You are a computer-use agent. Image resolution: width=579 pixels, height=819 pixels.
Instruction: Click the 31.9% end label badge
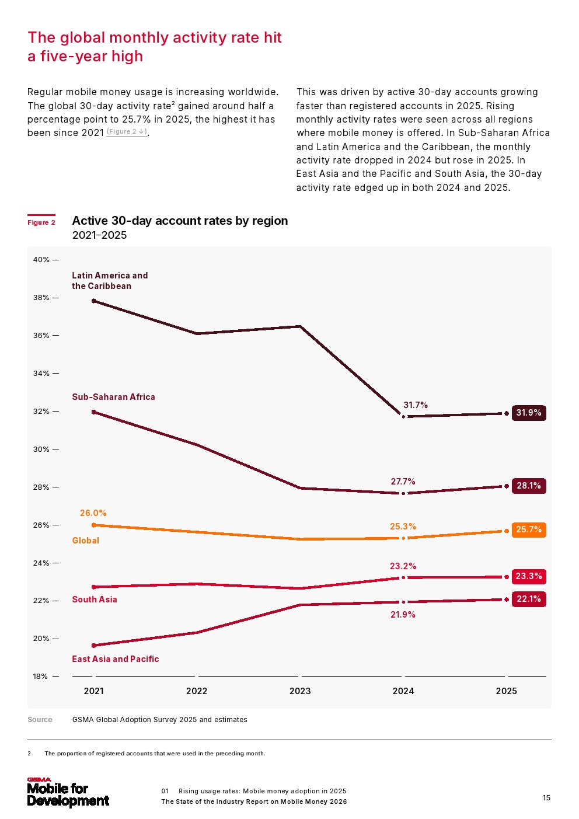(529, 413)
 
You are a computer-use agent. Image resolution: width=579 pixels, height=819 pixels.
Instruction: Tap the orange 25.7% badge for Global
(529, 529)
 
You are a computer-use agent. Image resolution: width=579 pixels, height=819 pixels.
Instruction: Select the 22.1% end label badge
(529, 599)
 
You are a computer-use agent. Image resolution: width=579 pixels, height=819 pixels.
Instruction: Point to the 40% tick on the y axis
(41, 260)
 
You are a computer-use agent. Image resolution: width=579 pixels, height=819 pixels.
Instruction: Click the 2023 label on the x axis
(300, 691)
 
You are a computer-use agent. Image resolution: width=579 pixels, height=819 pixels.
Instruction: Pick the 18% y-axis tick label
(40, 677)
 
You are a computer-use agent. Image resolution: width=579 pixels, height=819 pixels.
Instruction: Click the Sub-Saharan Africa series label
(113, 397)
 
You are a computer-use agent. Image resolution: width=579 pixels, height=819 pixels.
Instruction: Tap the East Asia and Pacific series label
(115, 659)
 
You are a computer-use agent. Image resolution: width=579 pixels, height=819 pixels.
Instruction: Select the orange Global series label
(85, 541)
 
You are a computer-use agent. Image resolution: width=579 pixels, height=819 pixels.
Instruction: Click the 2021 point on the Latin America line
(94, 301)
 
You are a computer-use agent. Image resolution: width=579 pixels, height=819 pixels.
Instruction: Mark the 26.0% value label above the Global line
(93, 513)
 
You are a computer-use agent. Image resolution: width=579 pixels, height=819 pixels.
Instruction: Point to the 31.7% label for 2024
(416, 405)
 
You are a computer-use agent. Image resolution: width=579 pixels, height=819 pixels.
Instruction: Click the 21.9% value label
(403, 615)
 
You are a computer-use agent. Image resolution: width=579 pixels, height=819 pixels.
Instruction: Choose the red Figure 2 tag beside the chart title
(41, 222)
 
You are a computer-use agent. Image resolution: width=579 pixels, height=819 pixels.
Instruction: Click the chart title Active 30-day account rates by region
(180, 221)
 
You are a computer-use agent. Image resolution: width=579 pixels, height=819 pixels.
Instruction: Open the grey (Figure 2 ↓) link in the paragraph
(127, 132)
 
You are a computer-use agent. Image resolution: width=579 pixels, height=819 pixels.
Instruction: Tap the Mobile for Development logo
(68, 793)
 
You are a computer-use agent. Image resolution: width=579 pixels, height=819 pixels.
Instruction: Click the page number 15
(546, 798)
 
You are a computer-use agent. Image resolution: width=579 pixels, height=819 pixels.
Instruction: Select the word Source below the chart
(40, 720)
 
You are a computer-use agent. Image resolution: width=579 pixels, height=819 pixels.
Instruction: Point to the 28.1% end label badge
(529, 486)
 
